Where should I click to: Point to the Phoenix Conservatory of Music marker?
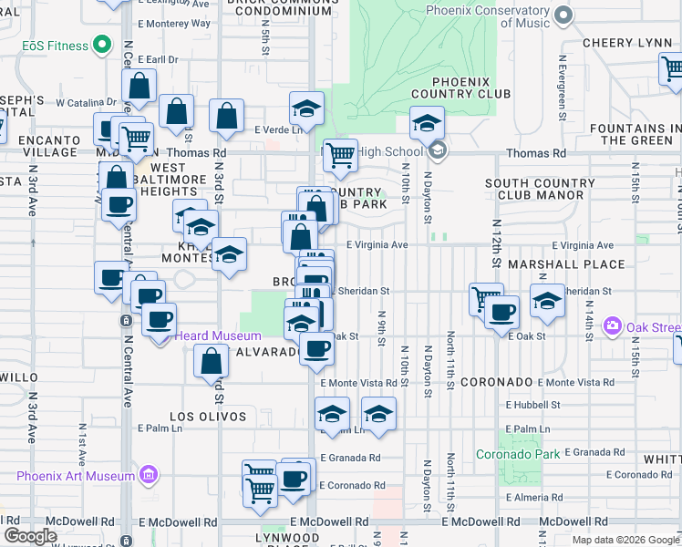[x=563, y=15]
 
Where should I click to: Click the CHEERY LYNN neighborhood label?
[x=620, y=43]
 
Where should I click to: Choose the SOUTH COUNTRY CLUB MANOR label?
[x=540, y=189]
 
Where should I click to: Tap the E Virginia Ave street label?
[x=377, y=244]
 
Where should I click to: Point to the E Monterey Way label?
[x=173, y=24]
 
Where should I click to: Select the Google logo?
[x=30, y=536]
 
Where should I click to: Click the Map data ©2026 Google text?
[x=625, y=540]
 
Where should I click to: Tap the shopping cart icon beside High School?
[x=340, y=154]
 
